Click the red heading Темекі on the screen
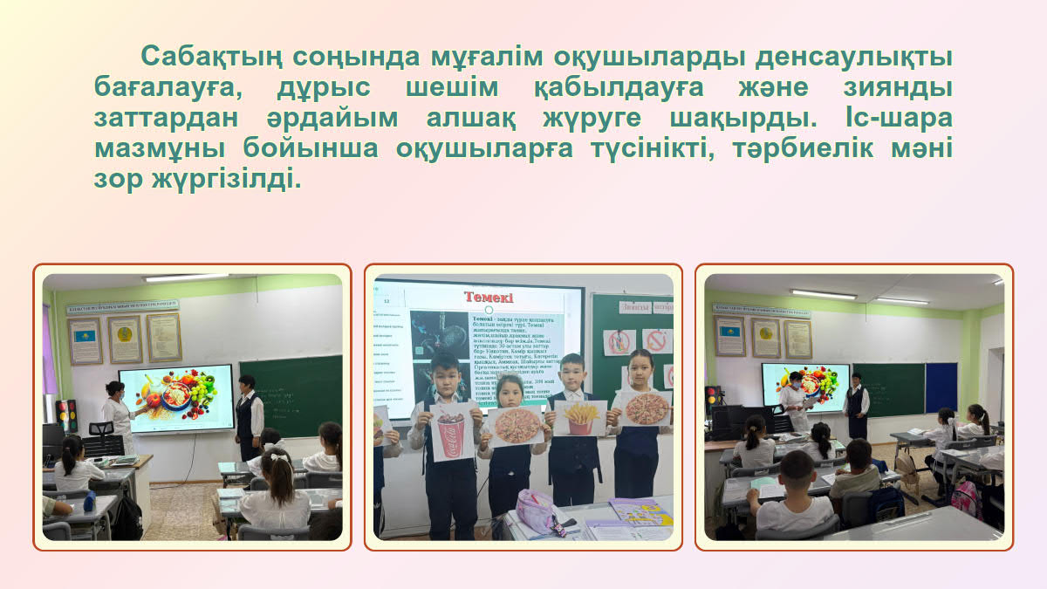coord(488,298)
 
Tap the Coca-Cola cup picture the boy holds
coord(452,430)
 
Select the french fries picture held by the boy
coord(579,417)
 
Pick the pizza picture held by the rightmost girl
coord(646,408)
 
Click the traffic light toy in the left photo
coord(66,415)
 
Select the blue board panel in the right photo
coord(941,387)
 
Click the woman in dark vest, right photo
coord(857,403)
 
